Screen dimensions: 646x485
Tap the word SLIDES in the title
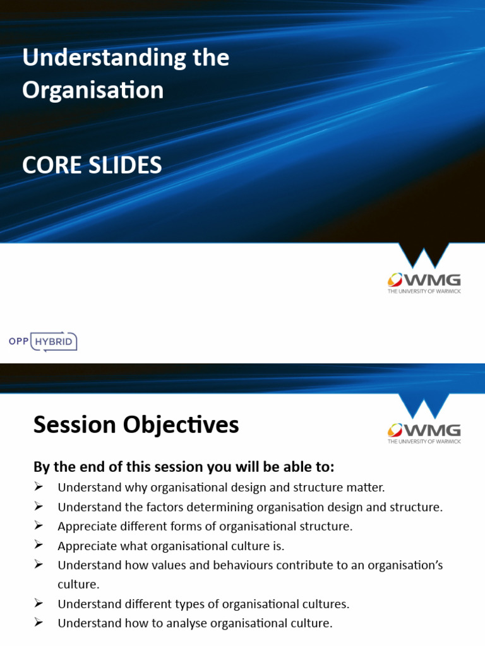point(125,165)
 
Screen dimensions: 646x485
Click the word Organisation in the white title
point(93,90)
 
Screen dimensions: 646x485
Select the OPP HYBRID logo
point(43,341)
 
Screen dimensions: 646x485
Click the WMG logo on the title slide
point(424,282)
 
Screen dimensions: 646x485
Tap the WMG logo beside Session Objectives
point(424,432)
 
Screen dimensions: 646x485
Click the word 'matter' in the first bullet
point(366,487)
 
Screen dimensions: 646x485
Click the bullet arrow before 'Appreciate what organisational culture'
point(38,545)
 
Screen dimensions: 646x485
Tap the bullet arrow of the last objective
point(38,623)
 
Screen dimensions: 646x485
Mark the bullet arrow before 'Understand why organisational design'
point(38,486)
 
